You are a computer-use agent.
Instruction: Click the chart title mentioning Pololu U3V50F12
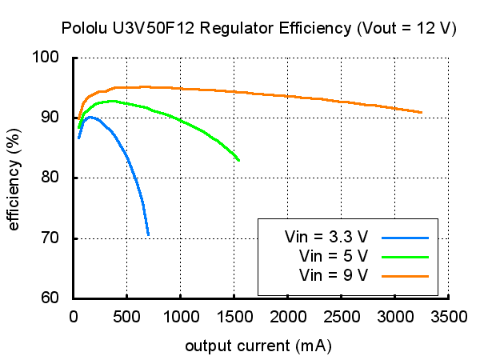pyautogui.click(x=258, y=28)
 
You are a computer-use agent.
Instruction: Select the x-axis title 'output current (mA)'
pyautogui.click(x=258, y=346)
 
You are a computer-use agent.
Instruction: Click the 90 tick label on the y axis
pyautogui.click(x=53, y=118)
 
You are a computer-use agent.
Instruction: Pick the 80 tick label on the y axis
pyautogui.click(x=53, y=178)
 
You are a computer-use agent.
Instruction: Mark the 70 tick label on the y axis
pyautogui.click(x=53, y=238)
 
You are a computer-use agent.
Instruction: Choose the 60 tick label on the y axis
pyautogui.click(x=53, y=298)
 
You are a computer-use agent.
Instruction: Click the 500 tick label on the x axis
pyautogui.click(x=126, y=316)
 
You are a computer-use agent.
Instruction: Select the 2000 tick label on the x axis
pyautogui.click(x=287, y=316)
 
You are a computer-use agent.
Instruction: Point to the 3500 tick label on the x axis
pyautogui.click(x=448, y=316)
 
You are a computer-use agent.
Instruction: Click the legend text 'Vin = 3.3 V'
pyautogui.click(x=326, y=237)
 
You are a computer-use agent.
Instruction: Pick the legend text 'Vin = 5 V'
pyautogui.click(x=332, y=256)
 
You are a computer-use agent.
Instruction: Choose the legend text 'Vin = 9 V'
pyautogui.click(x=332, y=275)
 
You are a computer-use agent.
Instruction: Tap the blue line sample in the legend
pyautogui.click(x=406, y=237)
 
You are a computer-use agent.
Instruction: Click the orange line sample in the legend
pyautogui.click(x=406, y=275)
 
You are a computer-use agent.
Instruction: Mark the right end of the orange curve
pyautogui.click(x=421, y=113)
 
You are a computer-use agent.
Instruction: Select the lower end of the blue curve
pyautogui.click(x=148, y=235)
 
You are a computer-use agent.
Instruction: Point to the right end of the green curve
pyautogui.click(x=238, y=160)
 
